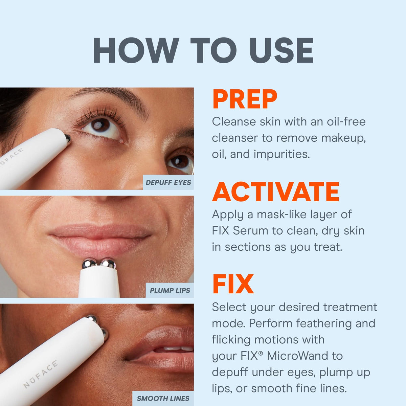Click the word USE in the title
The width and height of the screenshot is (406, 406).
(x=281, y=50)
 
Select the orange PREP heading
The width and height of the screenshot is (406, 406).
(x=245, y=99)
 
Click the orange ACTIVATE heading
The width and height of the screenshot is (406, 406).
(x=276, y=192)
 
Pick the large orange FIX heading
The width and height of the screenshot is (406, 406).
(x=233, y=285)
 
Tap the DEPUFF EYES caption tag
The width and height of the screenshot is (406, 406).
(x=168, y=182)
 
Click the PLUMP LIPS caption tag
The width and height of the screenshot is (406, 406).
(x=170, y=290)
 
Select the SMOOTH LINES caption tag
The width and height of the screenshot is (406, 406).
(x=163, y=398)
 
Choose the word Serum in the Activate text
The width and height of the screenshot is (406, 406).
(x=251, y=231)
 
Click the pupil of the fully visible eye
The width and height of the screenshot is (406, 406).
(x=100, y=125)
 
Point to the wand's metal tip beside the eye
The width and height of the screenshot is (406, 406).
(x=68, y=138)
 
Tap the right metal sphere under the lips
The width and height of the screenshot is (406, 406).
(x=108, y=264)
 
